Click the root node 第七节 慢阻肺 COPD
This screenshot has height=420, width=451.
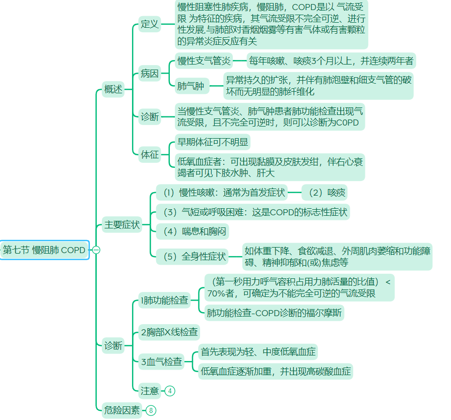(44, 250)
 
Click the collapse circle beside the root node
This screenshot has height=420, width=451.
(96, 250)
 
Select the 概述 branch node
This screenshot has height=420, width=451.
(113, 90)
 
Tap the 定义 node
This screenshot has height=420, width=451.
(150, 24)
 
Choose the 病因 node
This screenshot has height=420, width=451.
(150, 74)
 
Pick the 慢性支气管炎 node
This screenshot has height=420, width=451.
(204, 61)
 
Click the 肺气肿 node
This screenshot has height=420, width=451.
(190, 86)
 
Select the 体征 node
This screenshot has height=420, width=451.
(150, 155)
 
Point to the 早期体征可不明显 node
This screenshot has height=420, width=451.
(212, 143)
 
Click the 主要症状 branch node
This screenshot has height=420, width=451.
(121, 225)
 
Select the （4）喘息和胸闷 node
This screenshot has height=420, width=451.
(192, 231)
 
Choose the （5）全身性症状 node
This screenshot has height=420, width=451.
(192, 256)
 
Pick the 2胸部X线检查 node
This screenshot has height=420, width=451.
(169, 332)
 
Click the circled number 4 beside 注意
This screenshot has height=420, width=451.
(170, 391)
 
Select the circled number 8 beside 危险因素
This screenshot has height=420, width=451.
(151, 410)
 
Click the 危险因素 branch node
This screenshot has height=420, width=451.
(121, 410)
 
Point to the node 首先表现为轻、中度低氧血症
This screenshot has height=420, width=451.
(258, 351)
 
